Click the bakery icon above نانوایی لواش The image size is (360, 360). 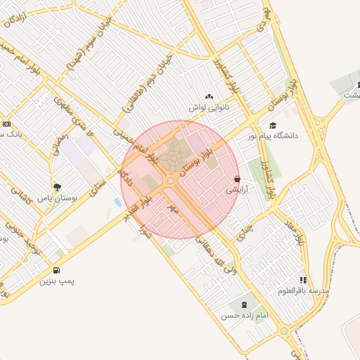pos(208,96)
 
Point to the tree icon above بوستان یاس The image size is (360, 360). pos(57,187)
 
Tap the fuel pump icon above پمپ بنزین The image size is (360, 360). pos(56,270)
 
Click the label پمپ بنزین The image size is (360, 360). pos(56,281)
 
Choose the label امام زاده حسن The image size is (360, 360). pos(245,316)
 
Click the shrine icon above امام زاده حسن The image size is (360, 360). pos(244,304)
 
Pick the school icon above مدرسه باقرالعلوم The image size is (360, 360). pos(303,279)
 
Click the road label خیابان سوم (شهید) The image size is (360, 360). pos(90,46)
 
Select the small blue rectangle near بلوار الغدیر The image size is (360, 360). pos(117,202)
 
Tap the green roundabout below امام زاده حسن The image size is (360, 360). pos(283,331)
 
